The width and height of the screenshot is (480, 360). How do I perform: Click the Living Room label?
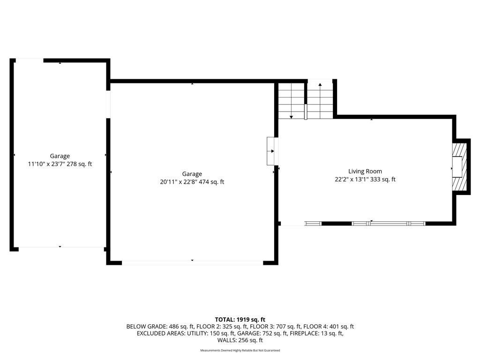[x=365, y=172]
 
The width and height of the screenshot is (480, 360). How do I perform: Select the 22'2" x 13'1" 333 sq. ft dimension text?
[x=365, y=180]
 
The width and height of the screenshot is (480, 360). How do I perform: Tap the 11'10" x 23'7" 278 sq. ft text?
[x=60, y=164]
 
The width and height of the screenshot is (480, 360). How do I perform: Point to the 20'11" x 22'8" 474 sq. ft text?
[x=192, y=182]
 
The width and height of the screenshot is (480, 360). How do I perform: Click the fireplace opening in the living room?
[x=457, y=167]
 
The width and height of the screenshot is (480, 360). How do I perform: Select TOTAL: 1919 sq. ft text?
[x=240, y=320]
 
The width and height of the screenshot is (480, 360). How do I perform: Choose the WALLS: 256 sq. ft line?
[x=240, y=340]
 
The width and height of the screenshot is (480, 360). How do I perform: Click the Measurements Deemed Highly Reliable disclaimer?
[x=240, y=350]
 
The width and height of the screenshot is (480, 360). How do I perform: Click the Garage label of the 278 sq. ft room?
[x=60, y=156]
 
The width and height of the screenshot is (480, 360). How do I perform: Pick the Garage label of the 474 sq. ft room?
[x=192, y=174]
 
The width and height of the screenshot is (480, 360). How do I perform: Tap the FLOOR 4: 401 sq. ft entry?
[x=329, y=327]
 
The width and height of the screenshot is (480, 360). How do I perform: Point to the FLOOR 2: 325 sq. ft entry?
[x=222, y=327]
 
